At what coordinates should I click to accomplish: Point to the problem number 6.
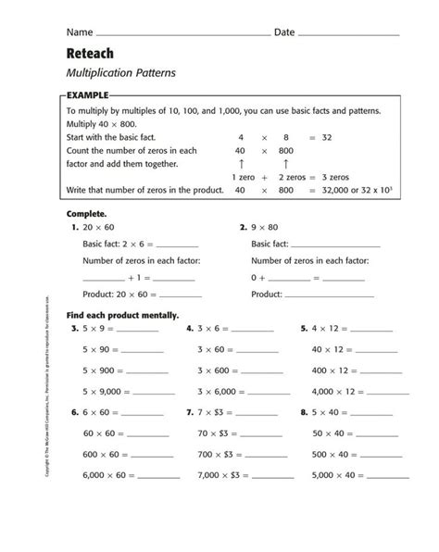(73, 411)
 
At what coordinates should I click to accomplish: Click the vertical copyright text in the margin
(49, 398)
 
